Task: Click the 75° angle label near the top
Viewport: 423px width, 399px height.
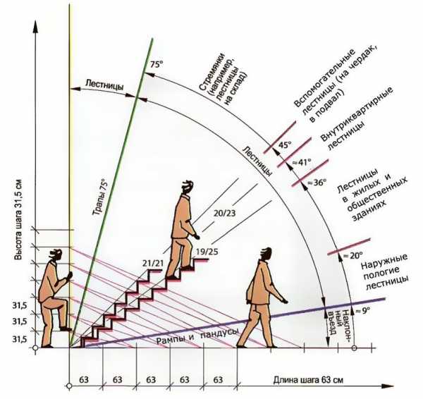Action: [156, 65]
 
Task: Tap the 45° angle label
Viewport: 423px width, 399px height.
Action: [284, 145]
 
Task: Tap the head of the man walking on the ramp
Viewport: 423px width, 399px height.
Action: [265, 254]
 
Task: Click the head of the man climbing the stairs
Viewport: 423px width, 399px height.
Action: [186, 187]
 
